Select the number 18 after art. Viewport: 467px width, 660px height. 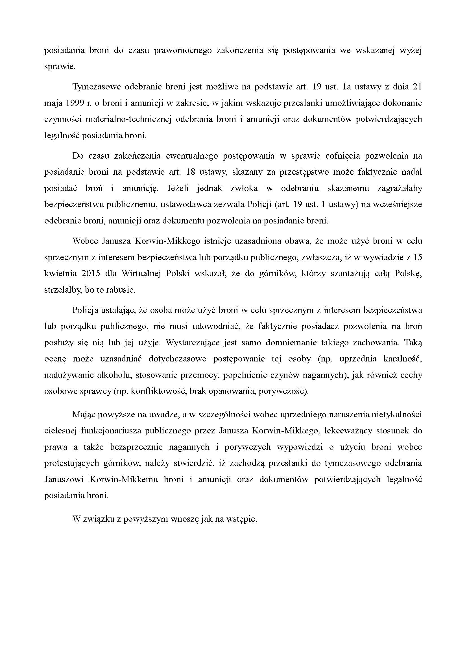191,172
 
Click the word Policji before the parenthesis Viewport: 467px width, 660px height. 260,205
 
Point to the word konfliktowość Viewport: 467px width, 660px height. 159,392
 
